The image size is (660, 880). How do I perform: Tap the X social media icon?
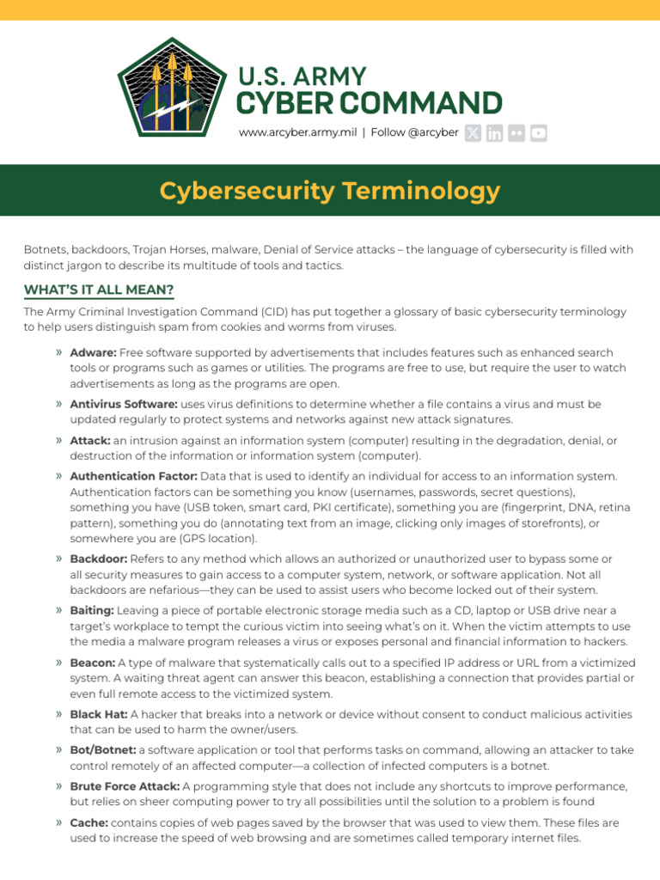tap(473, 132)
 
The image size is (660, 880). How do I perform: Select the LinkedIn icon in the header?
tap(494, 132)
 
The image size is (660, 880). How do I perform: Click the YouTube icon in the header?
tap(538, 132)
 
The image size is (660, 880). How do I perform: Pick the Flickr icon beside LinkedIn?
tap(516, 132)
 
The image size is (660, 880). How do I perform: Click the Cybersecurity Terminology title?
tap(330, 190)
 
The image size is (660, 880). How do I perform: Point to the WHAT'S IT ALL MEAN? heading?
tap(99, 289)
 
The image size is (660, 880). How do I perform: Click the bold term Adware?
tap(93, 353)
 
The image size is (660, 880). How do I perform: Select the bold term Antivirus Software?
tap(124, 404)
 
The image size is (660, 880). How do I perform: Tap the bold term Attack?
tap(90, 440)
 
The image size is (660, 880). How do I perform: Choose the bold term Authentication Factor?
tap(133, 476)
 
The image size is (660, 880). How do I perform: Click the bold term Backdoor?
tap(99, 559)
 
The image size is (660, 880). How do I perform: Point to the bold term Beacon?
tap(92, 663)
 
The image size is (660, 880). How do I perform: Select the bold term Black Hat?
tap(98, 714)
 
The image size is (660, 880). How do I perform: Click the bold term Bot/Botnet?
tap(102, 750)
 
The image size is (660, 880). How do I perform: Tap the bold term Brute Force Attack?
tap(125, 786)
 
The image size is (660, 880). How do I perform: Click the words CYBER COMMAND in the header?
tap(370, 103)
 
